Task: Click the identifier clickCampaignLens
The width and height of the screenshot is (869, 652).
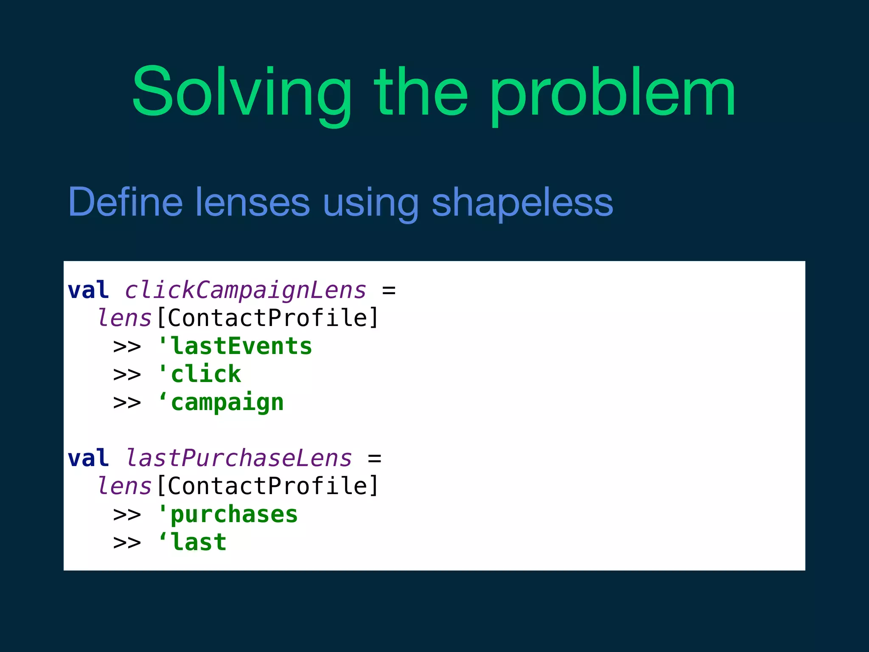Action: pyautogui.click(x=245, y=290)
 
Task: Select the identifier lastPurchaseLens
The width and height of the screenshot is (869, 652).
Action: pyautogui.click(x=239, y=458)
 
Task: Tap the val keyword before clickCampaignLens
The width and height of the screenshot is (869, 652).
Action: pyautogui.click(x=88, y=290)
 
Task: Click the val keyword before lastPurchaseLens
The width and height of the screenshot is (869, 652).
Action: pyautogui.click(x=88, y=458)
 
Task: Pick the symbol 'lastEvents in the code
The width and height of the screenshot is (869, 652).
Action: pyautogui.click(x=234, y=346)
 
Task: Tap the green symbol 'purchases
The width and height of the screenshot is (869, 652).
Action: pyautogui.click(x=227, y=514)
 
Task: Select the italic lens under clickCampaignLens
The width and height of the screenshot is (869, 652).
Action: pyautogui.click(x=124, y=318)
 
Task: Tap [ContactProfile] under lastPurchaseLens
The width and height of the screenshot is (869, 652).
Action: pyautogui.click(x=267, y=486)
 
